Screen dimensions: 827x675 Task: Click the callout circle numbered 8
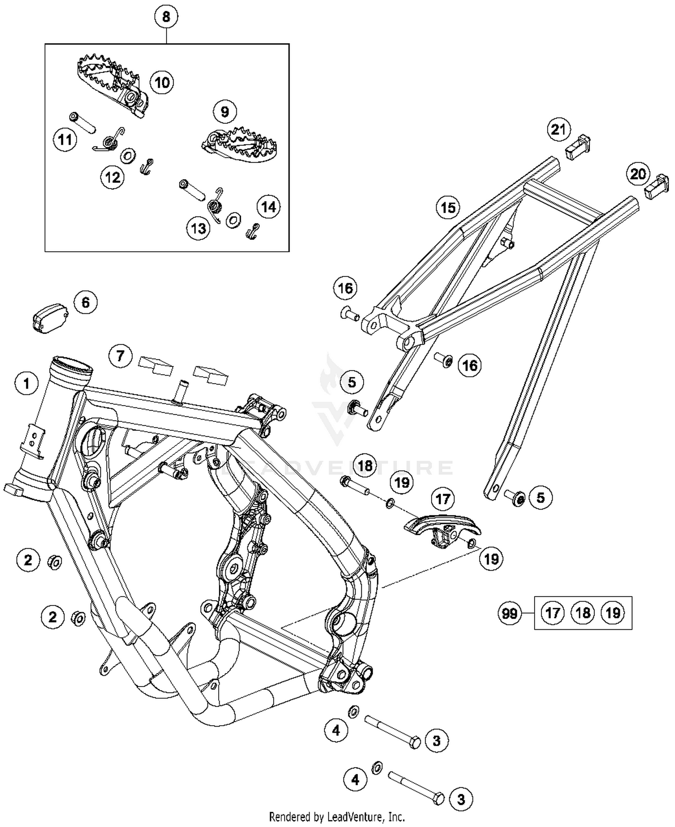166,17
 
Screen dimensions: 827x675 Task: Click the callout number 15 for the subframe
448,208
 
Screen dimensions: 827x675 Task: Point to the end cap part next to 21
578,146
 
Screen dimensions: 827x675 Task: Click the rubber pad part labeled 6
50,317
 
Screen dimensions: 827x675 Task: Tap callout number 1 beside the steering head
27,384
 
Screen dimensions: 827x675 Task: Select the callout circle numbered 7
120,357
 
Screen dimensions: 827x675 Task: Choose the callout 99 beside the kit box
509,613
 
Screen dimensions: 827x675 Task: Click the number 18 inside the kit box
583,613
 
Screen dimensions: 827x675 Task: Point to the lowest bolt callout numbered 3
461,800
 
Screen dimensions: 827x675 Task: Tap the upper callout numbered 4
336,730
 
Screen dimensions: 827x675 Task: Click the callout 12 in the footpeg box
112,177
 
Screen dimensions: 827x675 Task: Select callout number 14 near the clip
268,207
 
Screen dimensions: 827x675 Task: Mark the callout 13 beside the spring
198,229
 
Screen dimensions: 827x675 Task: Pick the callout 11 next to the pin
65,140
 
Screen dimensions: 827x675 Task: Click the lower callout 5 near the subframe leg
540,497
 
